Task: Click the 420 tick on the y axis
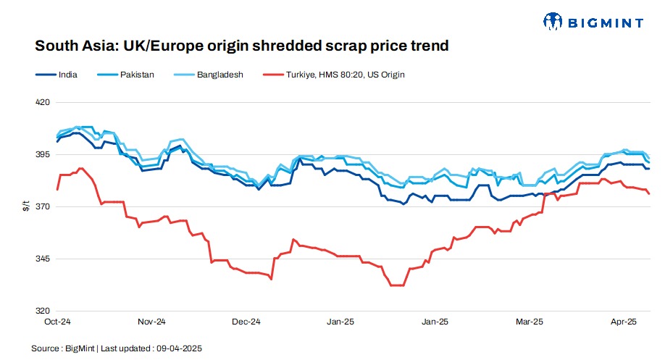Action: click(42, 102)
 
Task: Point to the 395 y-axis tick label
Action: click(42, 155)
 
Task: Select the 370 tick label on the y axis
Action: click(42, 207)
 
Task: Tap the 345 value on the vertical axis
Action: click(42, 259)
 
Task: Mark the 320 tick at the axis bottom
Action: click(42, 311)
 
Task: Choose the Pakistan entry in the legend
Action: click(137, 75)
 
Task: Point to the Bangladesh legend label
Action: click(218, 75)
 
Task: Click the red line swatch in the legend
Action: click(273, 75)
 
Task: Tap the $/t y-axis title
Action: click(25, 207)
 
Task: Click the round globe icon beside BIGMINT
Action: click(553, 22)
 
